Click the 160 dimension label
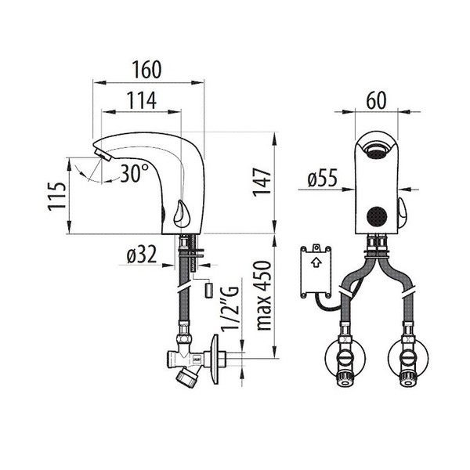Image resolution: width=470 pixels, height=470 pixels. tap(147, 69)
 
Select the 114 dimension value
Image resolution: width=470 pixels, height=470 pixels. tap(142, 100)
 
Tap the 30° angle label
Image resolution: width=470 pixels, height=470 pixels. tap(134, 174)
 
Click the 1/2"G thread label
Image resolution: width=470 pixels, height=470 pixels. tap(229, 309)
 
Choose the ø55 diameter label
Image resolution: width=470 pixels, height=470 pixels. tap(322, 180)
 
